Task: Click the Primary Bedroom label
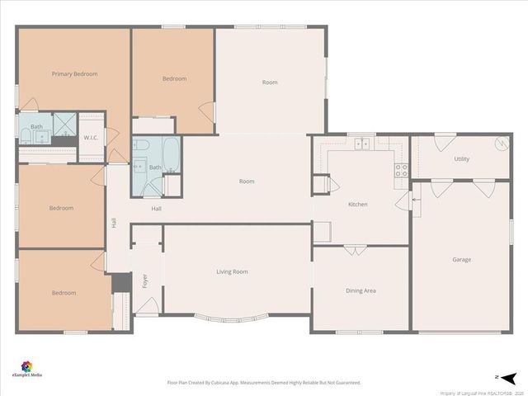tap(74, 74)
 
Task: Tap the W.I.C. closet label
tap(91, 138)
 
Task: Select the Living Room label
tap(232, 271)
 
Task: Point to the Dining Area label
tap(361, 290)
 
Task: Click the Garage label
tap(461, 260)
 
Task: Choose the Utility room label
tap(461, 158)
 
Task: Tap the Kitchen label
tap(357, 204)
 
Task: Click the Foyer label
tap(144, 281)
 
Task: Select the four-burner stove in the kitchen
tap(401, 171)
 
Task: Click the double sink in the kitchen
tap(361, 144)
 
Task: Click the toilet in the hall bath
tap(141, 146)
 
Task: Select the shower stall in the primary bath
tap(64, 126)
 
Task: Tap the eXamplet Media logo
tap(26, 368)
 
